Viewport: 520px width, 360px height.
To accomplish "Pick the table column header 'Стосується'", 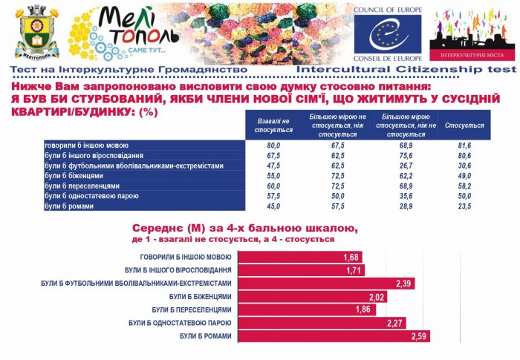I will coord(464,125).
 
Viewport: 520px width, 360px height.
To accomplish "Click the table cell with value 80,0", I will coord(273,146).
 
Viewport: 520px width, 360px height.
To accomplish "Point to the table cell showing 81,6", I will coord(464,146).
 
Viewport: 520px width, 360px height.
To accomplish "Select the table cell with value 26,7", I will coord(406,166).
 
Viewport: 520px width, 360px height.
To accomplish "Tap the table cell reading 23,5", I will coord(464,206).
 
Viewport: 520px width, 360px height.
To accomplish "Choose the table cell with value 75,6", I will coord(406,157).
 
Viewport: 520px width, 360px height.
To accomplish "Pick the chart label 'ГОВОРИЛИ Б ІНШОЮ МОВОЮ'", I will coord(178,257).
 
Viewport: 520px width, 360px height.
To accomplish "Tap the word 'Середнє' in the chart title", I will coord(158,227).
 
